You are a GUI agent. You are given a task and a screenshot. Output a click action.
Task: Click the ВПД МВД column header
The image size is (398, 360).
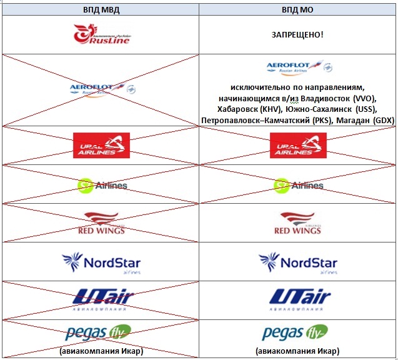(101, 9)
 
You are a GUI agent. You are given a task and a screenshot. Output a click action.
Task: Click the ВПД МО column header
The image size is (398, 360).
(298, 9)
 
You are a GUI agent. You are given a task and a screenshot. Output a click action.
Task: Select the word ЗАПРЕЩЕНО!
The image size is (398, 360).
(297, 34)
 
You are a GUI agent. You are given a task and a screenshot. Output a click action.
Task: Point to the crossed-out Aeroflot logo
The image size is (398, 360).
(102, 89)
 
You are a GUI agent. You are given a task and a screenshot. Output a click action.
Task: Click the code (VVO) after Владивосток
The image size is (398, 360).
(365, 99)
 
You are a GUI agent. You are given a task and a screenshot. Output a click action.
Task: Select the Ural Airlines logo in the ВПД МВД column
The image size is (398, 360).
(101, 146)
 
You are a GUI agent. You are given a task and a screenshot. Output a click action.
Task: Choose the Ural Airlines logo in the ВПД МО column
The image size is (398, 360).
(298, 146)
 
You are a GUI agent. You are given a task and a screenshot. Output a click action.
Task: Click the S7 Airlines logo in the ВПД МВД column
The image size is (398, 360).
(102, 185)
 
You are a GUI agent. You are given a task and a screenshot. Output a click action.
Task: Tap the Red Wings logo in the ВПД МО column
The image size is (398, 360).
(298, 223)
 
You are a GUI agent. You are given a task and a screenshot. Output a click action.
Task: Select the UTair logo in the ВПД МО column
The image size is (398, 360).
(298, 299)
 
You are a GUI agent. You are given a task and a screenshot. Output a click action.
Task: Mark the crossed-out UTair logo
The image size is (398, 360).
(101, 299)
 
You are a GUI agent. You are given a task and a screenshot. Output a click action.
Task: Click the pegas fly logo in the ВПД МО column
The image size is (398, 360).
(295, 332)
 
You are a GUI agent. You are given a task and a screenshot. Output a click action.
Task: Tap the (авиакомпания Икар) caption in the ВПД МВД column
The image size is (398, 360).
(101, 350)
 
